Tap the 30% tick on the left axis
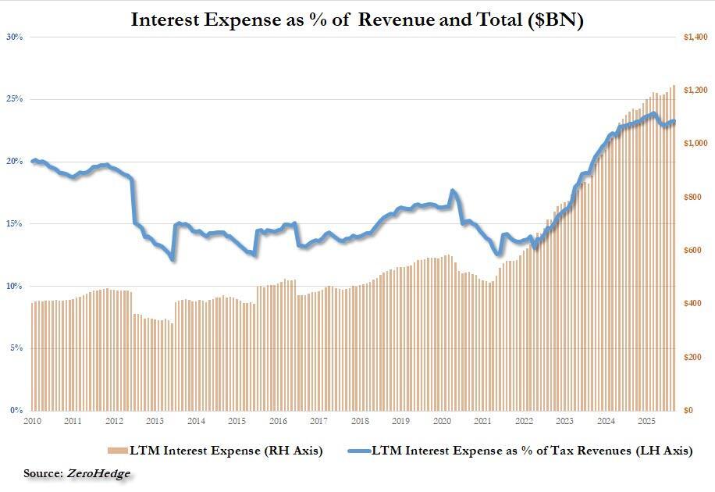point(16,37)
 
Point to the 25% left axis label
point(16,99)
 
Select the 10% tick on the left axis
point(16,286)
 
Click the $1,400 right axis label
point(695,37)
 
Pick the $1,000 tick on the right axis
point(695,144)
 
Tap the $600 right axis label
point(696,251)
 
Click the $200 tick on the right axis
point(696,357)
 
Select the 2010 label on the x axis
point(32,422)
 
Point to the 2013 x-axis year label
point(155,422)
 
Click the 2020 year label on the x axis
point(442,422)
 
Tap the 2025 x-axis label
point(646,422)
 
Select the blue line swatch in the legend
point(352,451)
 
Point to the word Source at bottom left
point(43,473)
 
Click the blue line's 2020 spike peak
point(453,191)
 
